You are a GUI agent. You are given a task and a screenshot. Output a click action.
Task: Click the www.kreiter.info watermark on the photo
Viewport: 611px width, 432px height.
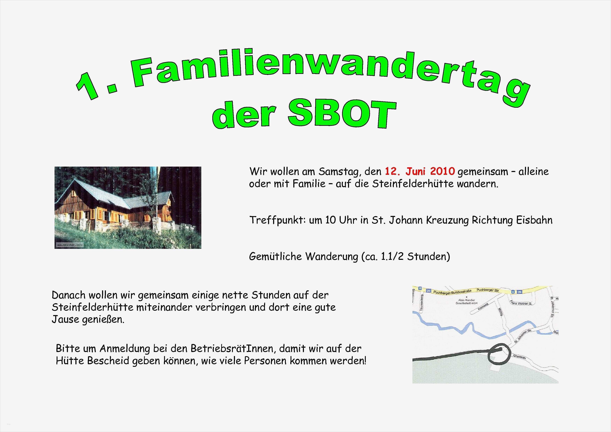69,245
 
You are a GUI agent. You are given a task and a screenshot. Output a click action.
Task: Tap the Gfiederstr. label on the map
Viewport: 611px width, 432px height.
519,357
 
